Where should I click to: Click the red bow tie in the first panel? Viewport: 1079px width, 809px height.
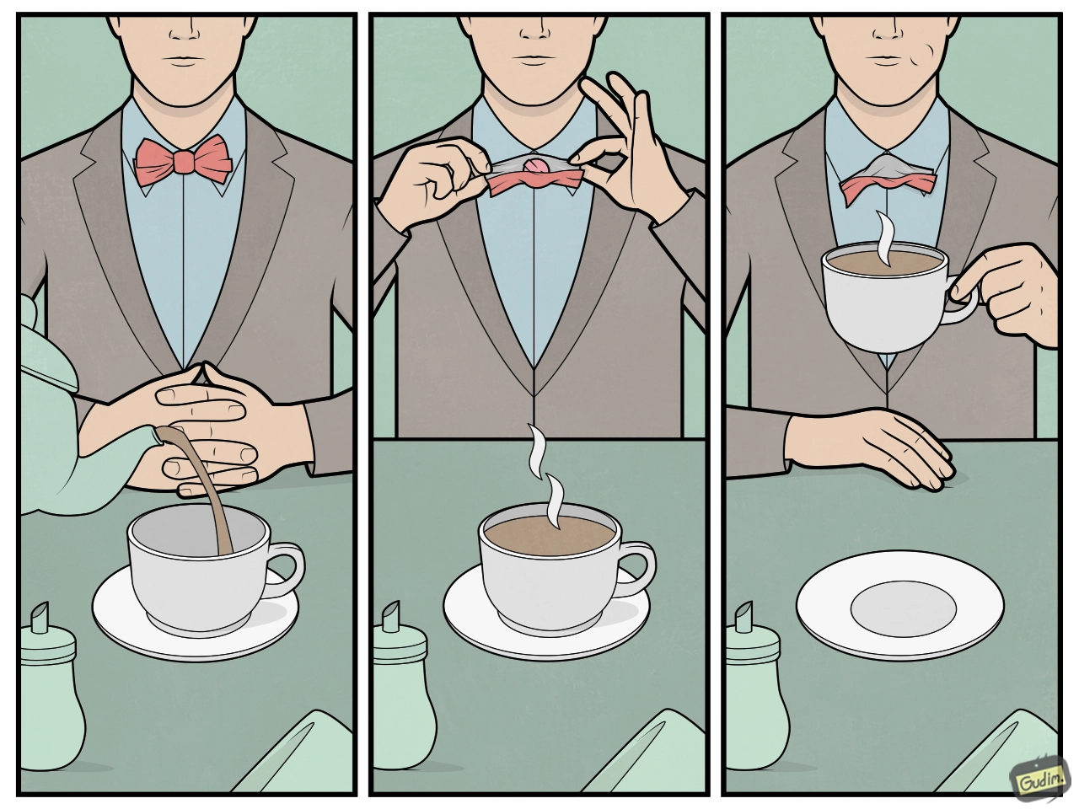click(x=184, y=162)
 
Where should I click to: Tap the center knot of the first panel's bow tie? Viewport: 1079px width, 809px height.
click(x=184, y=162)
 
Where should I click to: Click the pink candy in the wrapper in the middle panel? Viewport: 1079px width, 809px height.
click(x=534, y=167)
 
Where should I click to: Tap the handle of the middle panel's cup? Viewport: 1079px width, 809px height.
click(x=637, y=570)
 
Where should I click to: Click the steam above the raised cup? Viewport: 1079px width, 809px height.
click(x=885, y=239)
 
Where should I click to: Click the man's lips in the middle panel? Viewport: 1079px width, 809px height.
click(x=534, y=58)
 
